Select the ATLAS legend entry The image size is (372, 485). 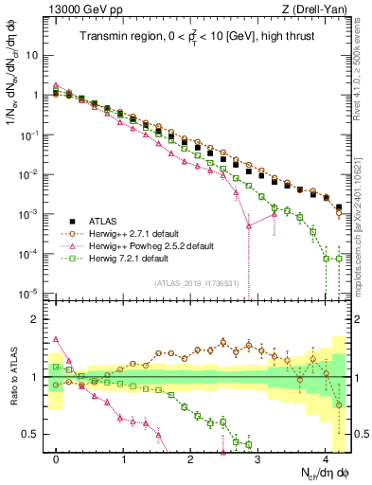[114, 217]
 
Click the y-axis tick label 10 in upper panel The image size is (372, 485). [32, 55]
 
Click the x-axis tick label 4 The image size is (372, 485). [326, 458]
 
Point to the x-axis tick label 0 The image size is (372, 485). [57, 458]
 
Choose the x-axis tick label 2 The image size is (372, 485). [191, 458]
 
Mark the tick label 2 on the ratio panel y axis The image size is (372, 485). [34, 319]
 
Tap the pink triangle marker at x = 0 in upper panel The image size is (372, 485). [57, 84]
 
